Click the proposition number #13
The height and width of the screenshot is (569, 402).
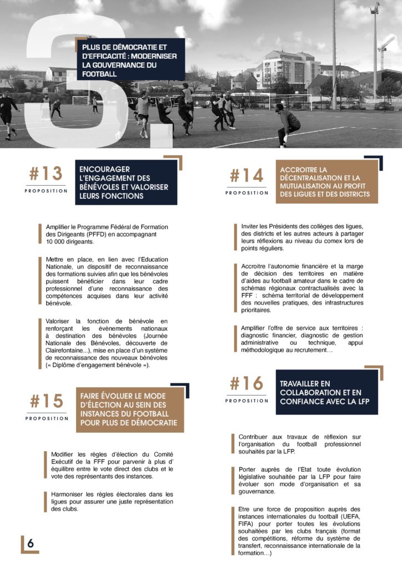pyautogui.click(x=46, y=174)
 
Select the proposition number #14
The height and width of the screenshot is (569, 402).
pyautogui.click(x=247, y=176)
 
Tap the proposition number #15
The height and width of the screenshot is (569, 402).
pyautogui.click(x=46, y=401)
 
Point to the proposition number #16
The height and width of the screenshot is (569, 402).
pyautogui.click(x=247, y=383)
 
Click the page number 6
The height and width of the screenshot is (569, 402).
pyautogui.click(x=31, y=544)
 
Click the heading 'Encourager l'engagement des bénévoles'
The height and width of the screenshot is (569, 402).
pyautogui.click(x=126, y=182)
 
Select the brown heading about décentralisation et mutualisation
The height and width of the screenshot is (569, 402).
pyautogui.click(x=326, y=182)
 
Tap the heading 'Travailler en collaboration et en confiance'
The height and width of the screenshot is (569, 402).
pyautogui.click(x=326, y=392)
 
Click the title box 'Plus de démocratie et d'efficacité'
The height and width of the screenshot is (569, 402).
pyautogui.click(x=130, y=60)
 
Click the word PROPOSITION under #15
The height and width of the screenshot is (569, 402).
pyautogui.click(x=47, y=418)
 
